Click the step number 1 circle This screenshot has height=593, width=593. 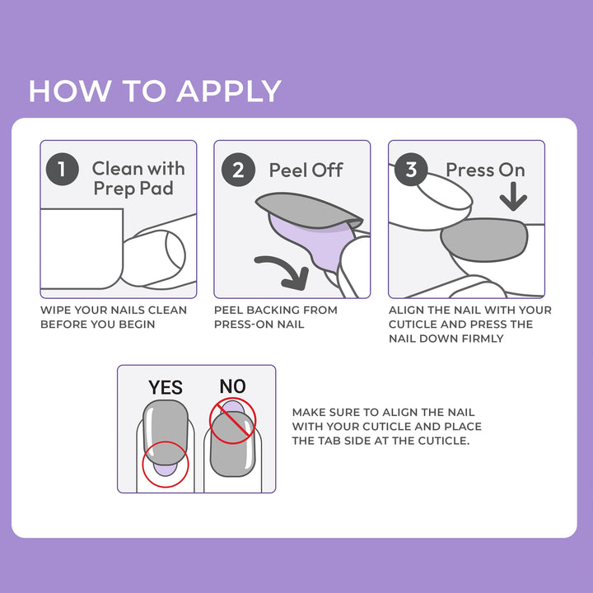[x=62, y=170]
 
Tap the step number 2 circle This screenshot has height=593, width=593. [x=238, y=170]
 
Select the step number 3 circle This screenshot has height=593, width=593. [x=411, y=170]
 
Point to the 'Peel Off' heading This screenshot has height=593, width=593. [x=306, y=170]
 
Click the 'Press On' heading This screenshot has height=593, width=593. [x=485, y=170]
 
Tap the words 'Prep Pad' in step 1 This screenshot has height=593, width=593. [x=133, y=189]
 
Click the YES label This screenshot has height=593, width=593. [x=166, y=387]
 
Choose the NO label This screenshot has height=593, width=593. [x=232, y=386]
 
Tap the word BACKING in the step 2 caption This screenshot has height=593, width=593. [x=273, y=311]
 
